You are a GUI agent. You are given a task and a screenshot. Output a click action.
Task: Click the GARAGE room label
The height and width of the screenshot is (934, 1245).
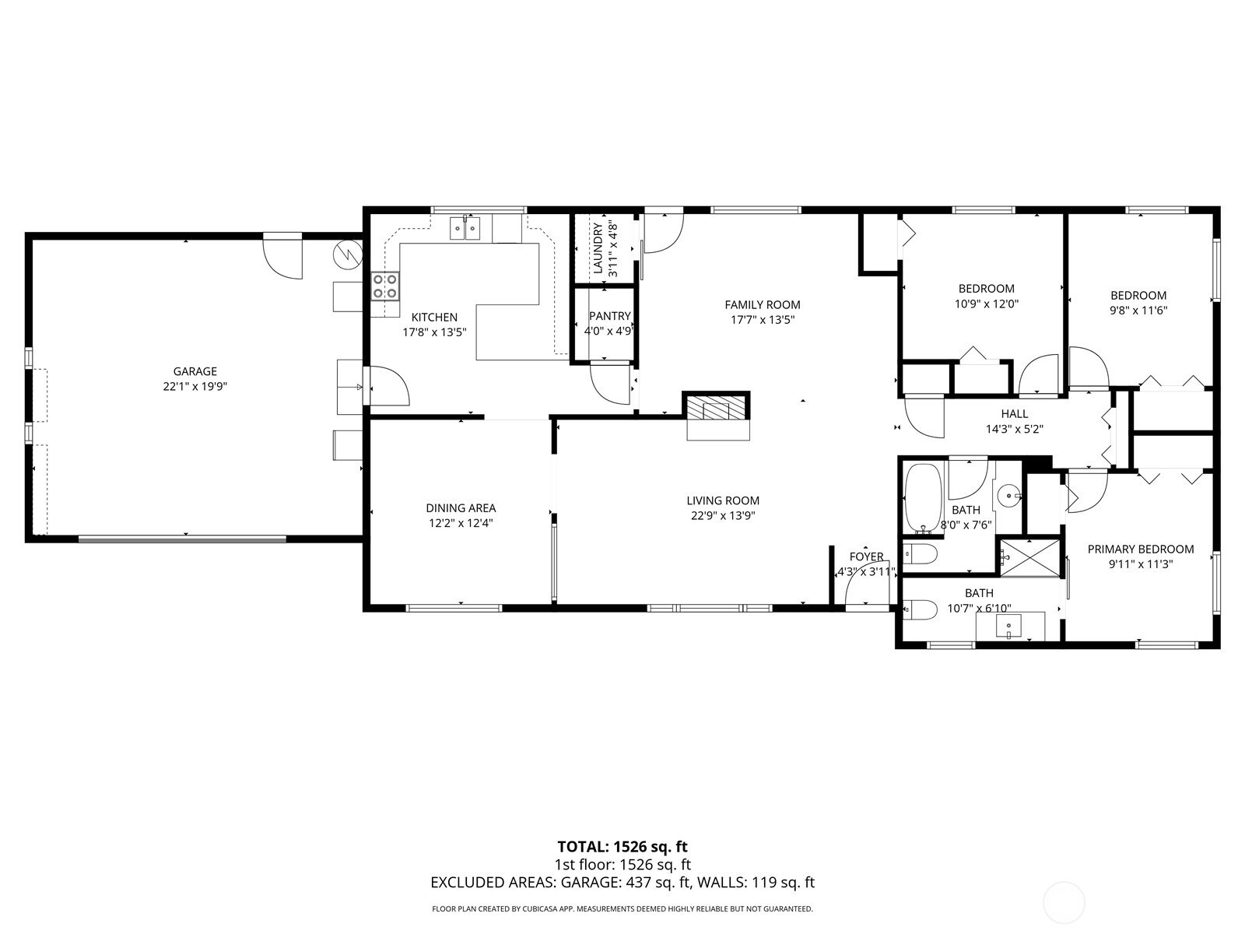tap(195, 371)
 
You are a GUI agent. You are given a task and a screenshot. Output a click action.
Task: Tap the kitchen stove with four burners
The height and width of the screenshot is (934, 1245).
tap(385, 286)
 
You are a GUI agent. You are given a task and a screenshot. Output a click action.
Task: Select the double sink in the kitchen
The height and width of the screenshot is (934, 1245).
tap(465, 229)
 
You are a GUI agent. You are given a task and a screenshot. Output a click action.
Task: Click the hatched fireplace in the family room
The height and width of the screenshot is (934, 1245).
tap(716, 408)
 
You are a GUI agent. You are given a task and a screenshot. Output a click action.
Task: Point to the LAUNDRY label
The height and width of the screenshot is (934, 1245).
tap(598, 248)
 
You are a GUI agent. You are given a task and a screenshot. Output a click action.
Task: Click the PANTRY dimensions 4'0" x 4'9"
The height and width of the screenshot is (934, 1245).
tap(608, 332)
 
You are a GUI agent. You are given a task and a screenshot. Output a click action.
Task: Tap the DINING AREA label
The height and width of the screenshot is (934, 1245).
tap(461, 508)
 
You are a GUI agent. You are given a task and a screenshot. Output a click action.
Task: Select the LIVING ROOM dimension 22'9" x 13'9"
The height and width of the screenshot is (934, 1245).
tap(723, 515)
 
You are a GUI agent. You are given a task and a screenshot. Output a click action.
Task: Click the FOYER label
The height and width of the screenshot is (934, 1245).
tap(866, 557)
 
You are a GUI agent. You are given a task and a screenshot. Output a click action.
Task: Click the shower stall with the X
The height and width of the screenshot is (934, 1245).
tap(1029, 558)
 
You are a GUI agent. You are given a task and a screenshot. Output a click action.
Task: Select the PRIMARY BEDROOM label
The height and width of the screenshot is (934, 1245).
tap(1141, 549)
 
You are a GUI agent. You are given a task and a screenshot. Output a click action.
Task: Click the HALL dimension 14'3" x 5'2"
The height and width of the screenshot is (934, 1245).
tap(1014, 430)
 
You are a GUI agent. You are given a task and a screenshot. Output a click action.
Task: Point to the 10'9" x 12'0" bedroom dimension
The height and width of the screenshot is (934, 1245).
tap(987, 304)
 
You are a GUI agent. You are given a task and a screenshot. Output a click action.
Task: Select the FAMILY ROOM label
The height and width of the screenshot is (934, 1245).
tap(763, 305)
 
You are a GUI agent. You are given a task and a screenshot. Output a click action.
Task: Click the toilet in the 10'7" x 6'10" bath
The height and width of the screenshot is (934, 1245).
tap(920, 609)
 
